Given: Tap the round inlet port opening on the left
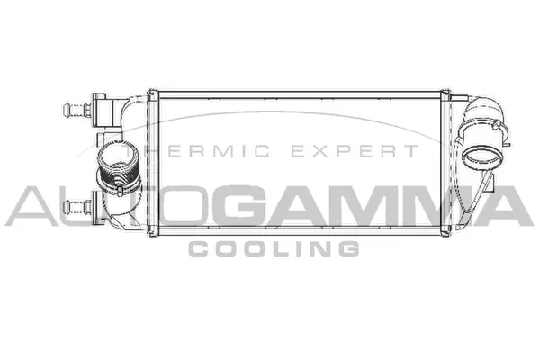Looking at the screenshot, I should pos(114,162).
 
